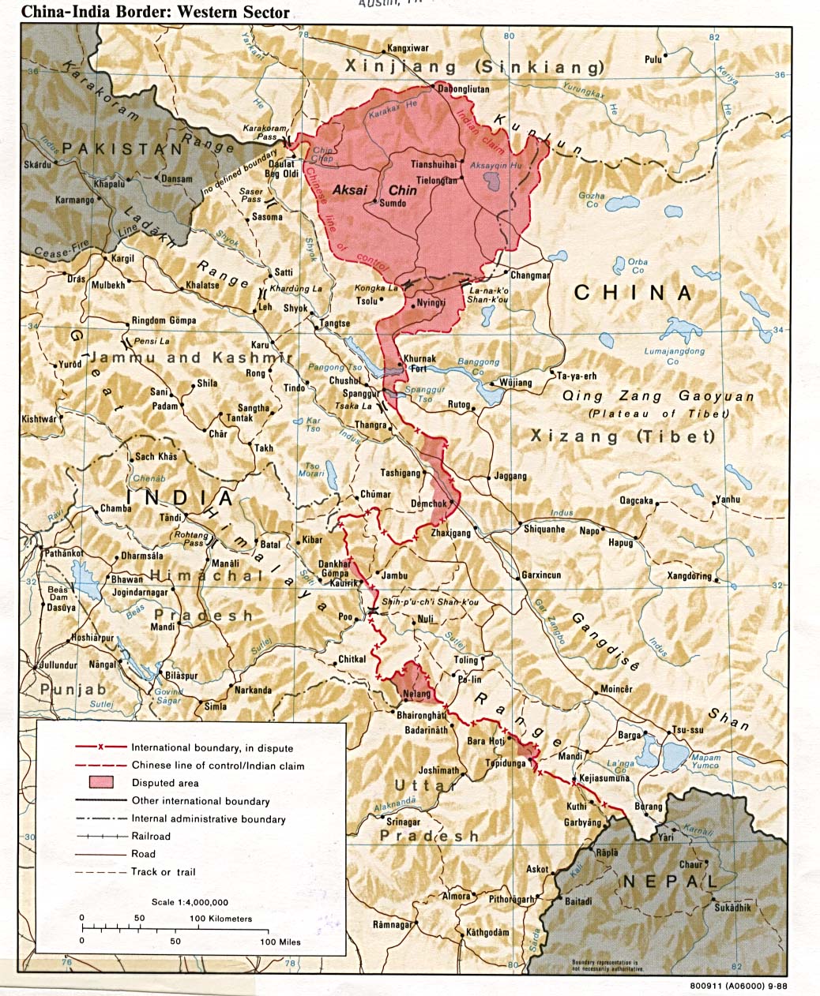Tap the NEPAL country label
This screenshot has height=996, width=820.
click(x=669, y=882)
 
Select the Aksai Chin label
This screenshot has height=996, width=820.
click(x=374, y=189)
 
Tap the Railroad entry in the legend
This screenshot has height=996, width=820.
click(x=151, y=836)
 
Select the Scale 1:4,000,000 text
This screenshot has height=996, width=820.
click(x=190, y=902)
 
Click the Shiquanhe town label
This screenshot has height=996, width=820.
click(x=544, y=529)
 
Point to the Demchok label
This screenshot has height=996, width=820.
click(x=428, y=504)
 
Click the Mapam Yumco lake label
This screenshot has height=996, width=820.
click(x=705, y=761)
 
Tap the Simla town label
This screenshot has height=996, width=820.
click(x=216, y=706)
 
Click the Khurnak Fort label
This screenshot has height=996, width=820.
click(x=419, y=363)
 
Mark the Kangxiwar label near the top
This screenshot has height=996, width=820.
click(x=408, y=49)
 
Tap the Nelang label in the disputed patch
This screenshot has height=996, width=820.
click(x=417, y=695)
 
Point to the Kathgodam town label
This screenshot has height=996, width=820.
click(x=487, y=932)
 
